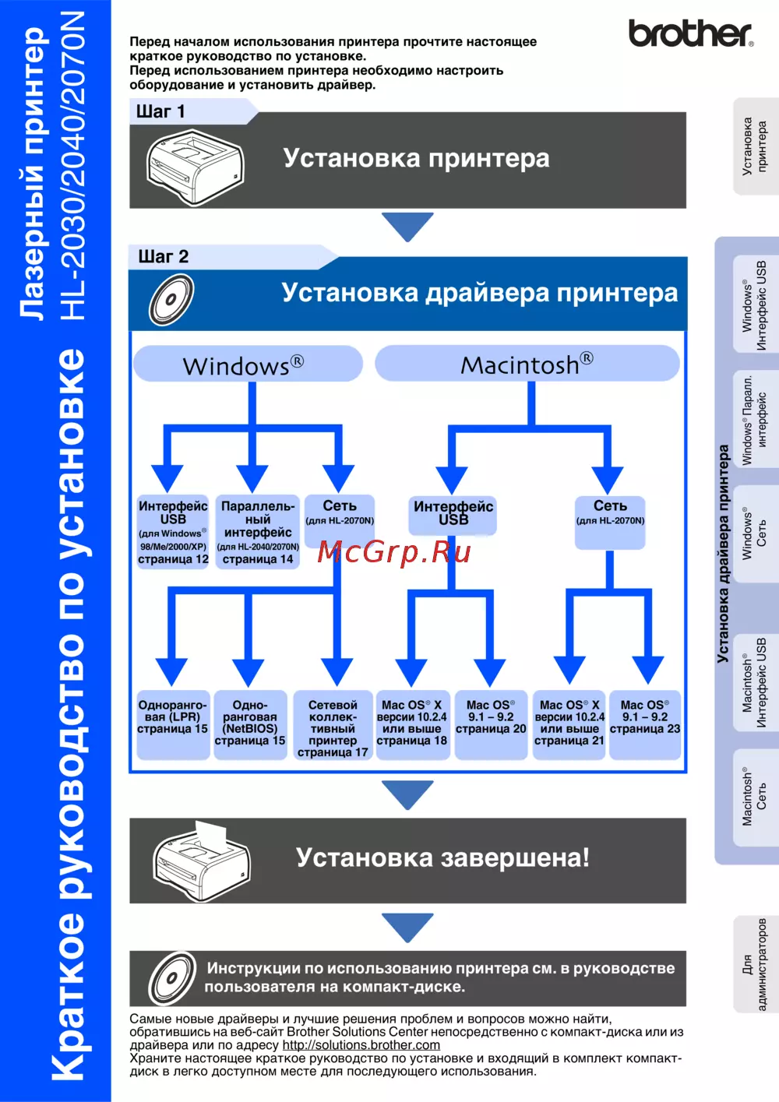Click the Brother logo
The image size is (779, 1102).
click(690, 33)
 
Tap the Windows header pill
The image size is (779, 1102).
click(248, 364)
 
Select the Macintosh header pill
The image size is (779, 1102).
click(527, 364)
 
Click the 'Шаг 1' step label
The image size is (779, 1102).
click(161, 111)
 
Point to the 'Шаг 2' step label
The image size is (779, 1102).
click(164, 256)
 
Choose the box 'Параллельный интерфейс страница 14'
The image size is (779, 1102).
click(258, 532)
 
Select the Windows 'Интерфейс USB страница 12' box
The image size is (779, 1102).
click(173, 532)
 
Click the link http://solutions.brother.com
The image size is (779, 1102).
click(361, 1045)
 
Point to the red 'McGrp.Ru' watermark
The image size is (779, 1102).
click(394, 551)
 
